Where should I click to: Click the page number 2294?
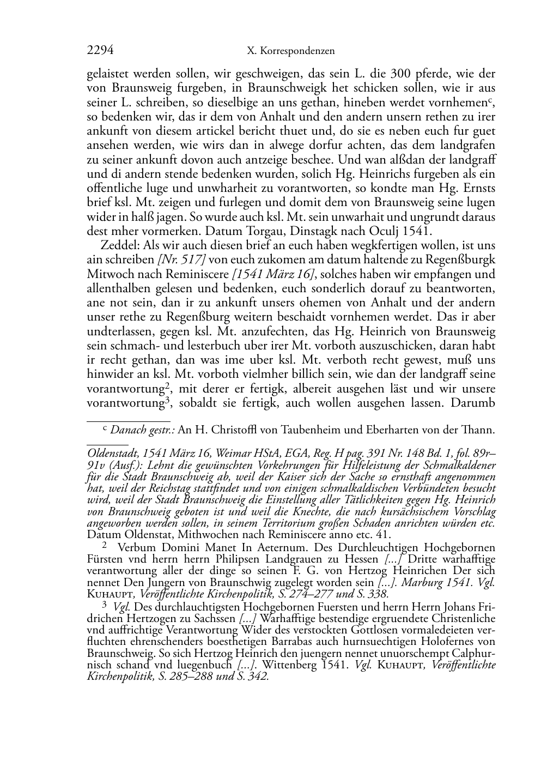coord(100,51)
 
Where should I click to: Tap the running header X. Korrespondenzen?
coord(291,51)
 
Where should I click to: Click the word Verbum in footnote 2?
coord(136,547)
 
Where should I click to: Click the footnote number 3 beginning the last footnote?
coord(105,605)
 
